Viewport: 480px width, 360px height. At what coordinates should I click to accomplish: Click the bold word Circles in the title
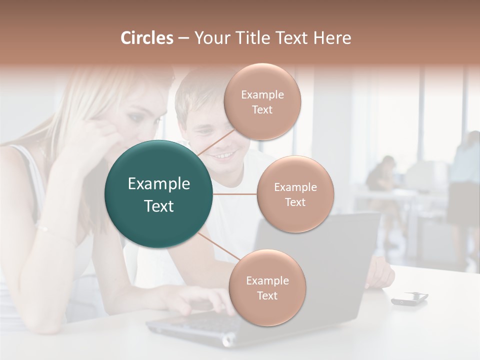pos(147,38)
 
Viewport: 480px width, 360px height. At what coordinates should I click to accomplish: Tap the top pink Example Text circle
pos(262,101)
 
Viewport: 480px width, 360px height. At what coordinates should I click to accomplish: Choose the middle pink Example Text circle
pos(295,194)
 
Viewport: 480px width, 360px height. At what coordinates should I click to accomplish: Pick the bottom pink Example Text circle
pos(267,287)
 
